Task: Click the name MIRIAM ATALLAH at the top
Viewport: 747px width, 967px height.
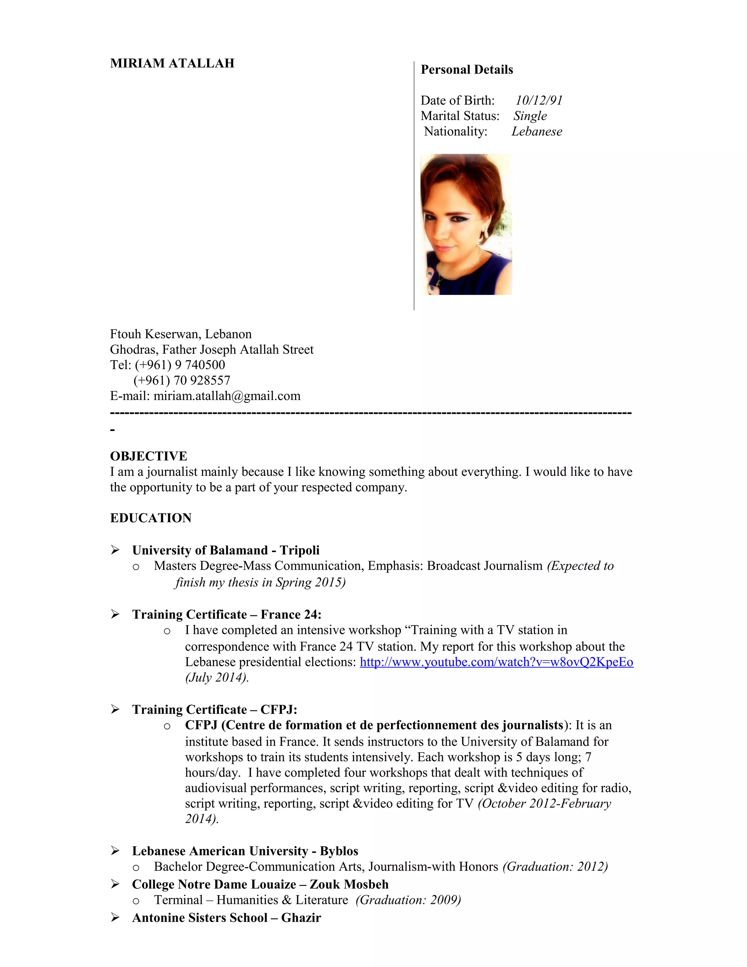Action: [172, 63]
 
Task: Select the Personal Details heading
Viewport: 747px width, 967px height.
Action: [467, 69]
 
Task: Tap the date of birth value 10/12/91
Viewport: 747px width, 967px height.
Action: [539, 100]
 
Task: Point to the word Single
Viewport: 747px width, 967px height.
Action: [530, 116]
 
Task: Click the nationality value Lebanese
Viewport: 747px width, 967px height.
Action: [537, 131]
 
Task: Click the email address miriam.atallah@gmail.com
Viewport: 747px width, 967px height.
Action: [227, 396]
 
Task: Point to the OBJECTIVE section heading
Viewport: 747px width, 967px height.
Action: [149, 456]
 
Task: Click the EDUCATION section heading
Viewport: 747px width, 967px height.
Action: [151, 518]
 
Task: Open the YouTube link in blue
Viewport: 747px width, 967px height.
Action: [496, 662]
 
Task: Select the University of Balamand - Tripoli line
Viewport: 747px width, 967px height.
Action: [226, 550]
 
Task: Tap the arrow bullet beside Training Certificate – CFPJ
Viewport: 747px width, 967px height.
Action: [115, 709]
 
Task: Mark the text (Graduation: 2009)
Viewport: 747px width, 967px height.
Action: [408, 900]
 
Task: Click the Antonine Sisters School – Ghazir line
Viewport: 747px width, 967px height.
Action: [226, 917]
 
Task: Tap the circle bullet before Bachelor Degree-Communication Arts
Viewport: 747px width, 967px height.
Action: [136, 868]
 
